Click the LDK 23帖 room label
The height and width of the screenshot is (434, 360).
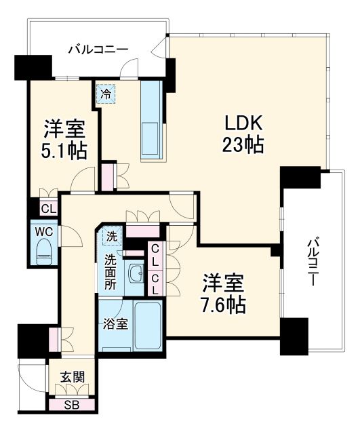click(241, 134)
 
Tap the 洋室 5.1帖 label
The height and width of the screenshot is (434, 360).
click(64, 138)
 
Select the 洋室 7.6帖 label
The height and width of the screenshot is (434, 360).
click(223, 293)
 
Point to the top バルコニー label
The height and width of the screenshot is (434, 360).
click(98, 49)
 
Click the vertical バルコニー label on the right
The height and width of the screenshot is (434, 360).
click(313, 262)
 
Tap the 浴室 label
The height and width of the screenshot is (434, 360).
click(113, 323)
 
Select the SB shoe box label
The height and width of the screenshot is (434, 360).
click(71, 406)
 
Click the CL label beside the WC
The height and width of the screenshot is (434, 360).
click(47, 209)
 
